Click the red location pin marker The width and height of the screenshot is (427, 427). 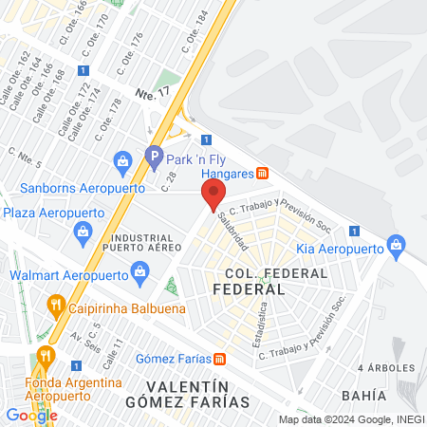click(213, 195)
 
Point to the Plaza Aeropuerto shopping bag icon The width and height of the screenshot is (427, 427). click(84, 230)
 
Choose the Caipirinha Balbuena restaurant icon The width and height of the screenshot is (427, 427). click(56, 306)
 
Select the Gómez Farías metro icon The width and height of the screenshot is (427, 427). click(220, 359)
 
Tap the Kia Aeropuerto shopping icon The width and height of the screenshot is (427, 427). click(399, 248)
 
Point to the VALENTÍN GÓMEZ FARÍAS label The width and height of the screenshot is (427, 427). click(198, 394)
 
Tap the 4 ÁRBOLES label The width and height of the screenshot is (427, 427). click(386, 367)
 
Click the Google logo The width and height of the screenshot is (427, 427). click(31, 415)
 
